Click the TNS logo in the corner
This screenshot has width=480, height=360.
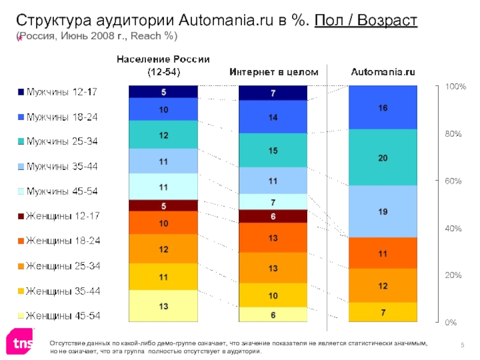click(19, 342)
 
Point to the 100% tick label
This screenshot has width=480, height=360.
click(454, 87)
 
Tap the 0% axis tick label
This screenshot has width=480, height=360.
click(450, 322)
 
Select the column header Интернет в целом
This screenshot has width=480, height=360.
click(274, 73)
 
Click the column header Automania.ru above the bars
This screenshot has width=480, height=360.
click(383, 73)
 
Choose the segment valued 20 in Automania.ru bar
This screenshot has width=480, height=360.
click(383, 157)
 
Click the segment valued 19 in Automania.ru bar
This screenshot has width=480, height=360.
click(383, 211)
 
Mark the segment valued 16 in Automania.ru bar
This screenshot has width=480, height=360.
click(383, 108)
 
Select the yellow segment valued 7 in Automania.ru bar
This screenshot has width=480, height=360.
click(383, 312)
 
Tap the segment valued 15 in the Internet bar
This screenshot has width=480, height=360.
click(273, 151)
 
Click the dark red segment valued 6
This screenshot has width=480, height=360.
click(273, 216)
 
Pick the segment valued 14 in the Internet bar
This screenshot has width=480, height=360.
click(273, 117)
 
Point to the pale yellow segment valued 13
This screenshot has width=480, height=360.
click(163, 306)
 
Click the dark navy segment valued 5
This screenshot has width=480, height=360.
click(163, 92)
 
